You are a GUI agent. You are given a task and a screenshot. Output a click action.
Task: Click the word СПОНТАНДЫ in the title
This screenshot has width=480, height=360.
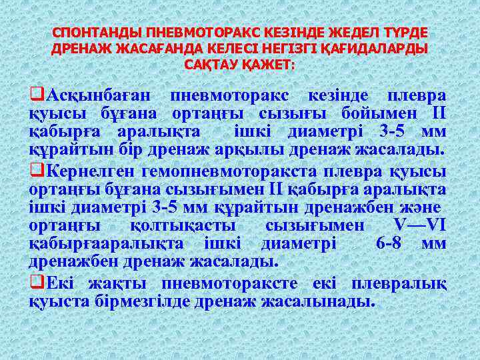coord(89,33)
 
